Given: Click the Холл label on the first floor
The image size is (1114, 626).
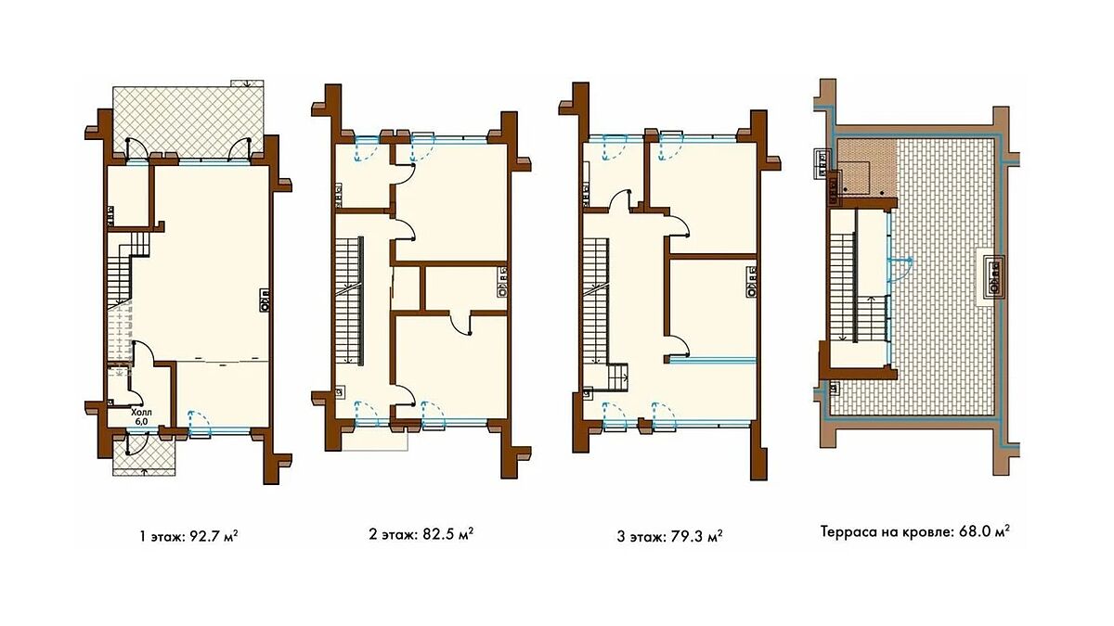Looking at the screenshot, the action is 142,413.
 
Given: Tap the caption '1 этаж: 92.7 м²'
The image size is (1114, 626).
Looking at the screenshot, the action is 188,537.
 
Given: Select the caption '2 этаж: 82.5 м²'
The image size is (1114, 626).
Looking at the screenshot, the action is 421,534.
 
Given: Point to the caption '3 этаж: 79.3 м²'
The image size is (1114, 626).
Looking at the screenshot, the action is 669,537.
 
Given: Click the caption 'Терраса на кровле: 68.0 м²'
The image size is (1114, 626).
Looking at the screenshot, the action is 914,532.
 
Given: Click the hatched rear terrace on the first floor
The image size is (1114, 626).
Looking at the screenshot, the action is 188,121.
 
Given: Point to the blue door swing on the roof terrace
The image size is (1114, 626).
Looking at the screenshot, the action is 901,270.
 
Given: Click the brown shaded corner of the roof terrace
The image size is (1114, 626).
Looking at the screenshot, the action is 867,168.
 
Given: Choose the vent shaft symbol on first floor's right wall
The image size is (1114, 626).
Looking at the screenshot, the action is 265,300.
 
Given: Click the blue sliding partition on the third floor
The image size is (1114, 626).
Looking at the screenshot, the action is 712,360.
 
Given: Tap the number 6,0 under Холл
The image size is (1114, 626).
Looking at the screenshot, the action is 141,421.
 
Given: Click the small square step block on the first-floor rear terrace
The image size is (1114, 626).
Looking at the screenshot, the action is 247,83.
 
